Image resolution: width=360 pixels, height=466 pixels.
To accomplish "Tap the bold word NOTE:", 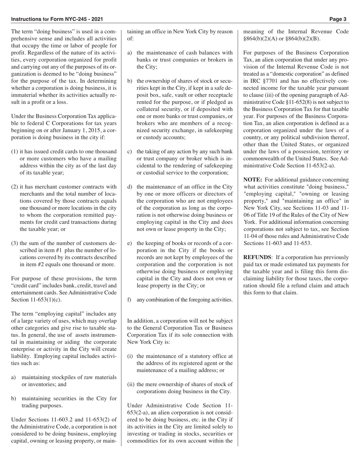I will (252, 180).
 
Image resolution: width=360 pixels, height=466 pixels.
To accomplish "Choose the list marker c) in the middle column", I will (130, 152).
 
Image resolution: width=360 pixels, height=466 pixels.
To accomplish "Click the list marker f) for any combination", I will (129, 300).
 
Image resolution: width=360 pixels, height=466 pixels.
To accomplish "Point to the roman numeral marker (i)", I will (130, 356).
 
